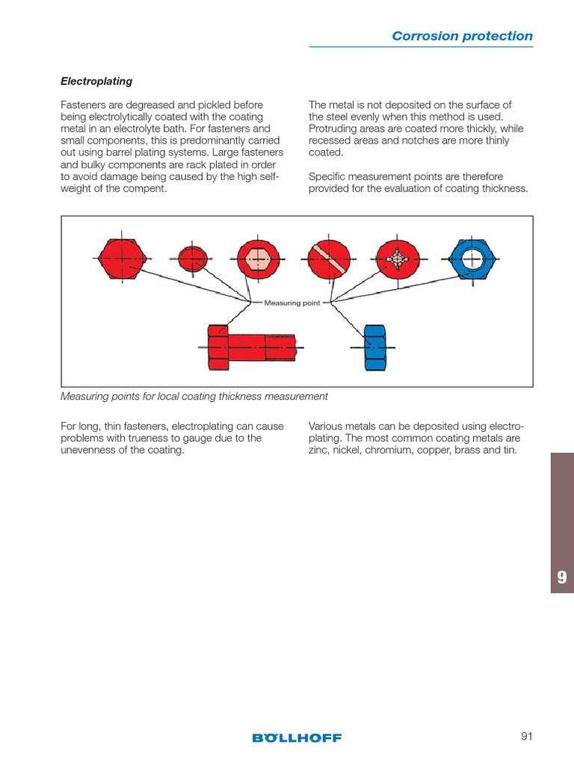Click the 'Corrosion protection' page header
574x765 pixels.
462,36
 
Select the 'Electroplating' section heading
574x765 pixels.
96,81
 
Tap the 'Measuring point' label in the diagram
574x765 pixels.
292,303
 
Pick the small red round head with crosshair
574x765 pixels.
194,258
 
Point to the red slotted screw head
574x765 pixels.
329,259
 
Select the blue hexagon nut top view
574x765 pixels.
471,259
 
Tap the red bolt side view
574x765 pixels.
250,347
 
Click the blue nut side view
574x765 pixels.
374,347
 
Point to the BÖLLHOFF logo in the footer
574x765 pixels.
297,737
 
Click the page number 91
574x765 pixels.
527,737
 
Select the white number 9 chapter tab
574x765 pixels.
562,577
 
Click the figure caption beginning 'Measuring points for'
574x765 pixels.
194,396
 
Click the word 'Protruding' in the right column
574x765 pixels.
333,128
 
